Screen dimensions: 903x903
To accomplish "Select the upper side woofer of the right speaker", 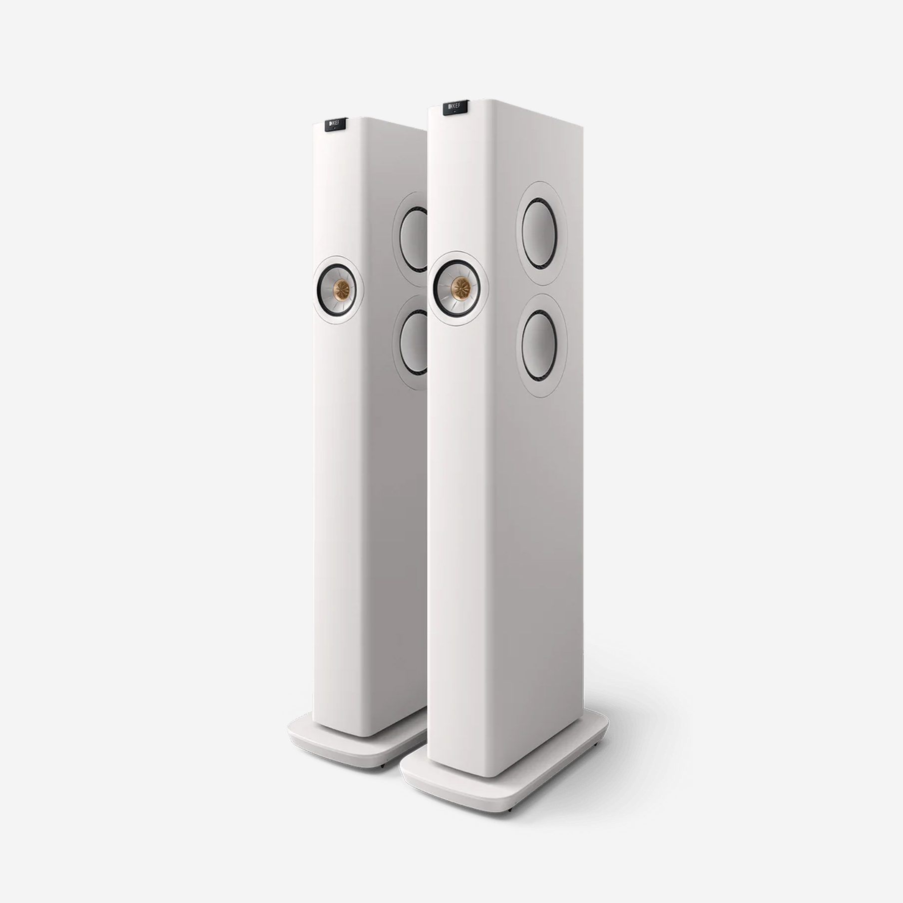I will (541, 233).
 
